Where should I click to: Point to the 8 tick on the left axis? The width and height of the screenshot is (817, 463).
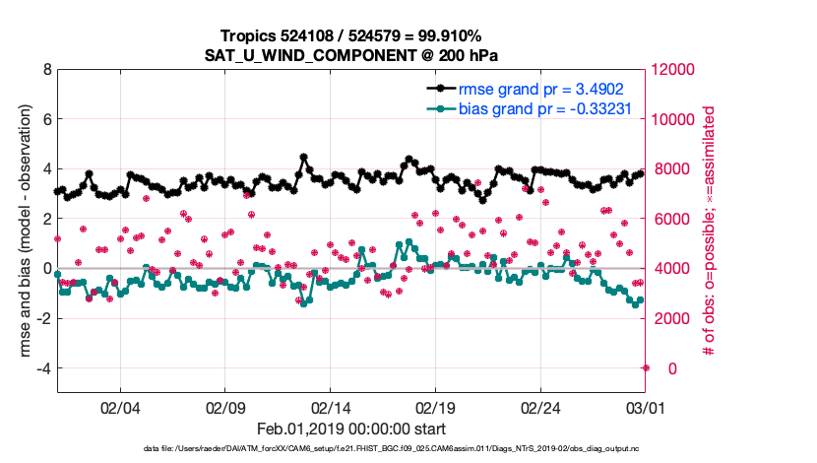[46, 70]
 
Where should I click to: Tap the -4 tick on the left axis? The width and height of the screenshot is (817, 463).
[42, 368]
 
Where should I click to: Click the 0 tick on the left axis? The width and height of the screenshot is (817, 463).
[46, 269]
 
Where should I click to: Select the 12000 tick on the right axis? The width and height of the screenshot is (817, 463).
[674, 70]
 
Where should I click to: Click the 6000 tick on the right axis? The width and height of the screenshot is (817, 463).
[670, 219]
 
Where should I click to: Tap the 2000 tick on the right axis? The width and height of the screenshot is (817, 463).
[670, 318]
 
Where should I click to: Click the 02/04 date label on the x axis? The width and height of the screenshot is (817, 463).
[120, 407]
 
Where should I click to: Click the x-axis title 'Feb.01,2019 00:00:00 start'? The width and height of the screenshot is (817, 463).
[352, 429]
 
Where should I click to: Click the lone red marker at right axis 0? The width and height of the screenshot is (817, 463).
[646, 368]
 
